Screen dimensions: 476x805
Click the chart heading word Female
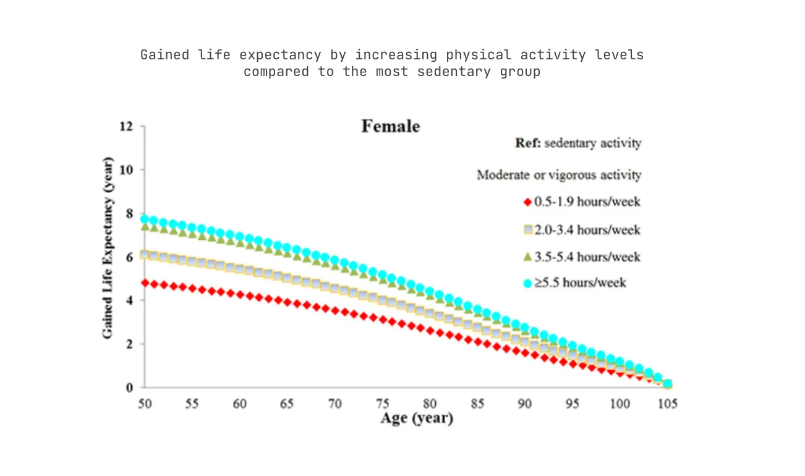coord(390,127)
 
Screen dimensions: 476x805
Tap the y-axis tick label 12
coord(127,127)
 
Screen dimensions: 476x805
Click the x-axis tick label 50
coord(144,404)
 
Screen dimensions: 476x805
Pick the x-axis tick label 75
coord(382,404)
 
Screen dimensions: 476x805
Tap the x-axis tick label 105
coord(667,404)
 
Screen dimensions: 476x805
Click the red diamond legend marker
coord(527,202)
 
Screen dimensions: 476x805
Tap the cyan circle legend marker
coord(527,283)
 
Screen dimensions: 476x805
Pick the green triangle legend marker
coord(527,256)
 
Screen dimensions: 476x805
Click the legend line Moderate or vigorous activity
coord(559,175)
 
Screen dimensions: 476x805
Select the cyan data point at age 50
coord(145,219)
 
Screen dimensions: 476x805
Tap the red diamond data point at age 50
coord(145,283)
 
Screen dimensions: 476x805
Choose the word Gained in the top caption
coord(164,54)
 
